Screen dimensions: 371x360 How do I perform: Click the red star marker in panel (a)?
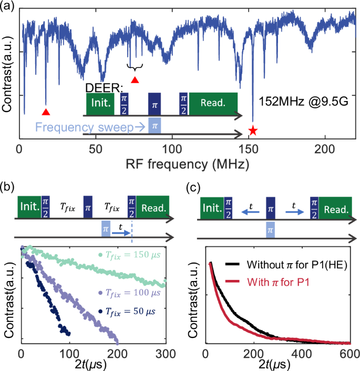click(x=253, y=130)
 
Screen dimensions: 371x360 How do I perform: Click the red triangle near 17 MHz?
click(x=46, y=112)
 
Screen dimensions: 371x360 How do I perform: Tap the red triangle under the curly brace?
click(x=135, y=80)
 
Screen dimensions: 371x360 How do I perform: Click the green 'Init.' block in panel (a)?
click(x=100, y=104)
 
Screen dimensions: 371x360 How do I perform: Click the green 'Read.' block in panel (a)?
click(x=213, y=104)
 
